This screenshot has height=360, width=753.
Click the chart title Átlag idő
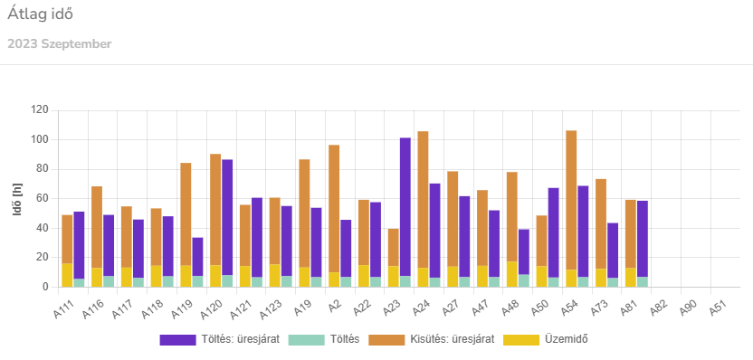pyautogui.click(x=41, y=14)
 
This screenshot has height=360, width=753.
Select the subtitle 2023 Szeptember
pyautogui.click(x=60, y=43)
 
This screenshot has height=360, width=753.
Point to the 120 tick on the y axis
pyautogui.click(x=39, y=109)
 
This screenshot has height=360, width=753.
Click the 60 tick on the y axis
pyautogui.click(x=42, y=198)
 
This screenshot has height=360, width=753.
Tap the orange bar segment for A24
pyautogui.click(x=423, y=199)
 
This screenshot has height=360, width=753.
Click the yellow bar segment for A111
pyautogui.click(x=67, y=275)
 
